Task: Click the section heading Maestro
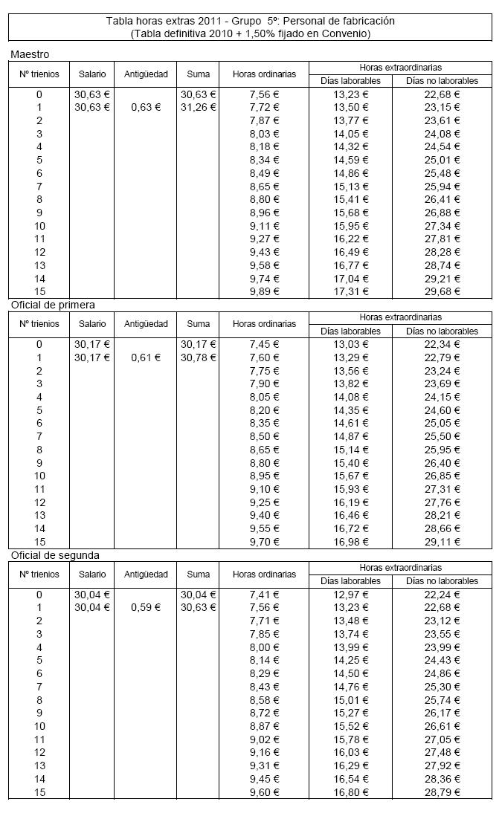point(30,54)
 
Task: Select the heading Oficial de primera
point(52,305)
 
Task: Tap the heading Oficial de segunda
point(54,555)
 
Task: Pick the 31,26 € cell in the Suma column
point(198,108)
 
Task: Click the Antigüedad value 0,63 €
point(145,108)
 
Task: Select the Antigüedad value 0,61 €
point(145,357)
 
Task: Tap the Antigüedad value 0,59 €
point(145,608)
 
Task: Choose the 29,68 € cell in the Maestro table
point(442,291)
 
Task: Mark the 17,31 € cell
point(350,291)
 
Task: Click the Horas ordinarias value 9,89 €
point(264,291)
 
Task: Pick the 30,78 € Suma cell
point(198,357)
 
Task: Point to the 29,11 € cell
point(442,542)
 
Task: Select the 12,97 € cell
point(350,595)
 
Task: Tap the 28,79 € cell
point(442,792)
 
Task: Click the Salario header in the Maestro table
point(91,74)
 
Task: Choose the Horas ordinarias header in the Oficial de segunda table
point(264,574)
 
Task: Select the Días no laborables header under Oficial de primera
point(442,331)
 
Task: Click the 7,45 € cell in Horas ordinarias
point(264,344)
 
